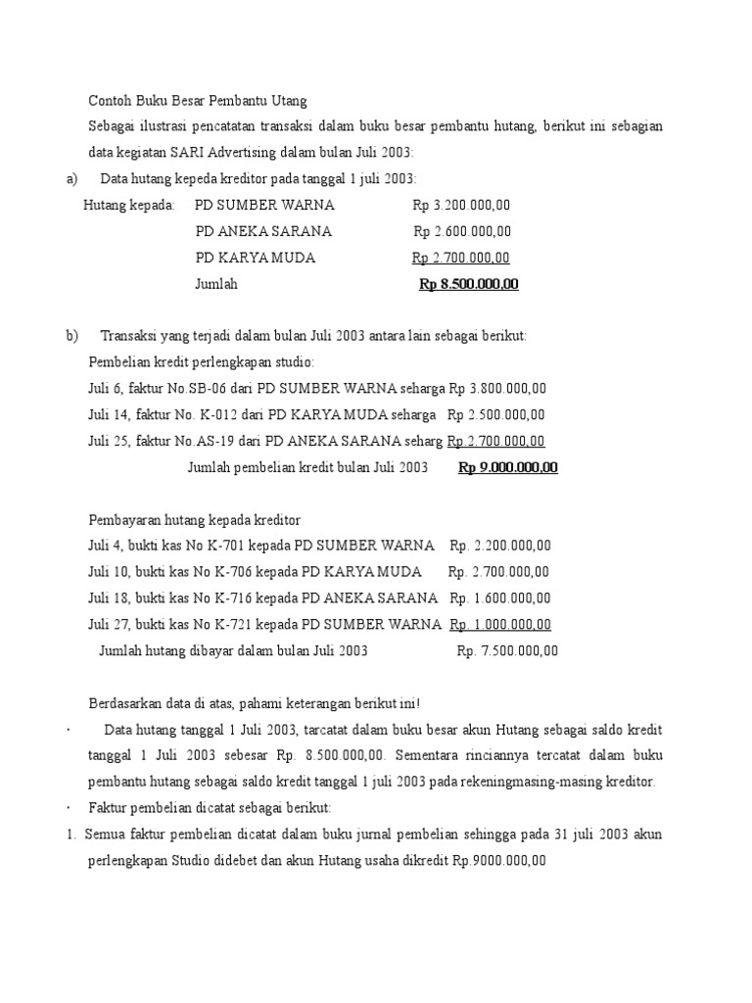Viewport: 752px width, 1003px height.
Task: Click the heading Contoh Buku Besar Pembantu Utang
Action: (198, 100)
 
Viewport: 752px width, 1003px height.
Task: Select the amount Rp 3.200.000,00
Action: (461, 205)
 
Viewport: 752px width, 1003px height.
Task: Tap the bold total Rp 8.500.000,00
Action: (468, 284)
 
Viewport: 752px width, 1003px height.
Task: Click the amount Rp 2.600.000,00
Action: (462, 231)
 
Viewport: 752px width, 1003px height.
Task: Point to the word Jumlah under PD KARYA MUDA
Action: (216, 284)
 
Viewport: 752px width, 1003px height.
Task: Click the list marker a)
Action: (71, 178)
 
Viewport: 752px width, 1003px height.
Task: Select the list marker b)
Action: (71, 336)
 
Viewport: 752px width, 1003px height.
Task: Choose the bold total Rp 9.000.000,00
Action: (507, 468)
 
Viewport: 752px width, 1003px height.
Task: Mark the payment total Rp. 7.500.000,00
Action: (507, 650)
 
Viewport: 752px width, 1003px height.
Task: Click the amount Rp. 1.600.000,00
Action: (500, 598)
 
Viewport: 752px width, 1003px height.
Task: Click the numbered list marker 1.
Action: (71, 835)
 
